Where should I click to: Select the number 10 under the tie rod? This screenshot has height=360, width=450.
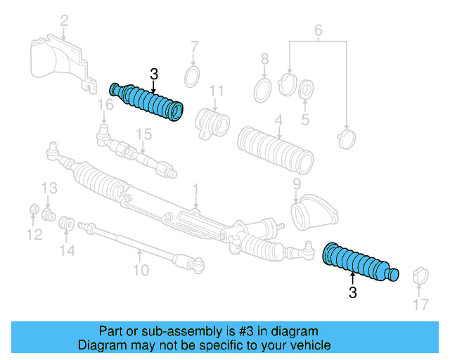click(x=141, y=269)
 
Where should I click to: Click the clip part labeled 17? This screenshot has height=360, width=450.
click(x=420, y=275)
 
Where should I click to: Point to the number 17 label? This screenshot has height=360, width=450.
click(x=420, y=304)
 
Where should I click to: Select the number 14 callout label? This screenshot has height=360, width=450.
click(x=67, y=250)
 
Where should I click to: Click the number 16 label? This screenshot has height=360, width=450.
click(x=105, y=105)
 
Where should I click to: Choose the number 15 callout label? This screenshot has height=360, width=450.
click(x=143, y=134)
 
